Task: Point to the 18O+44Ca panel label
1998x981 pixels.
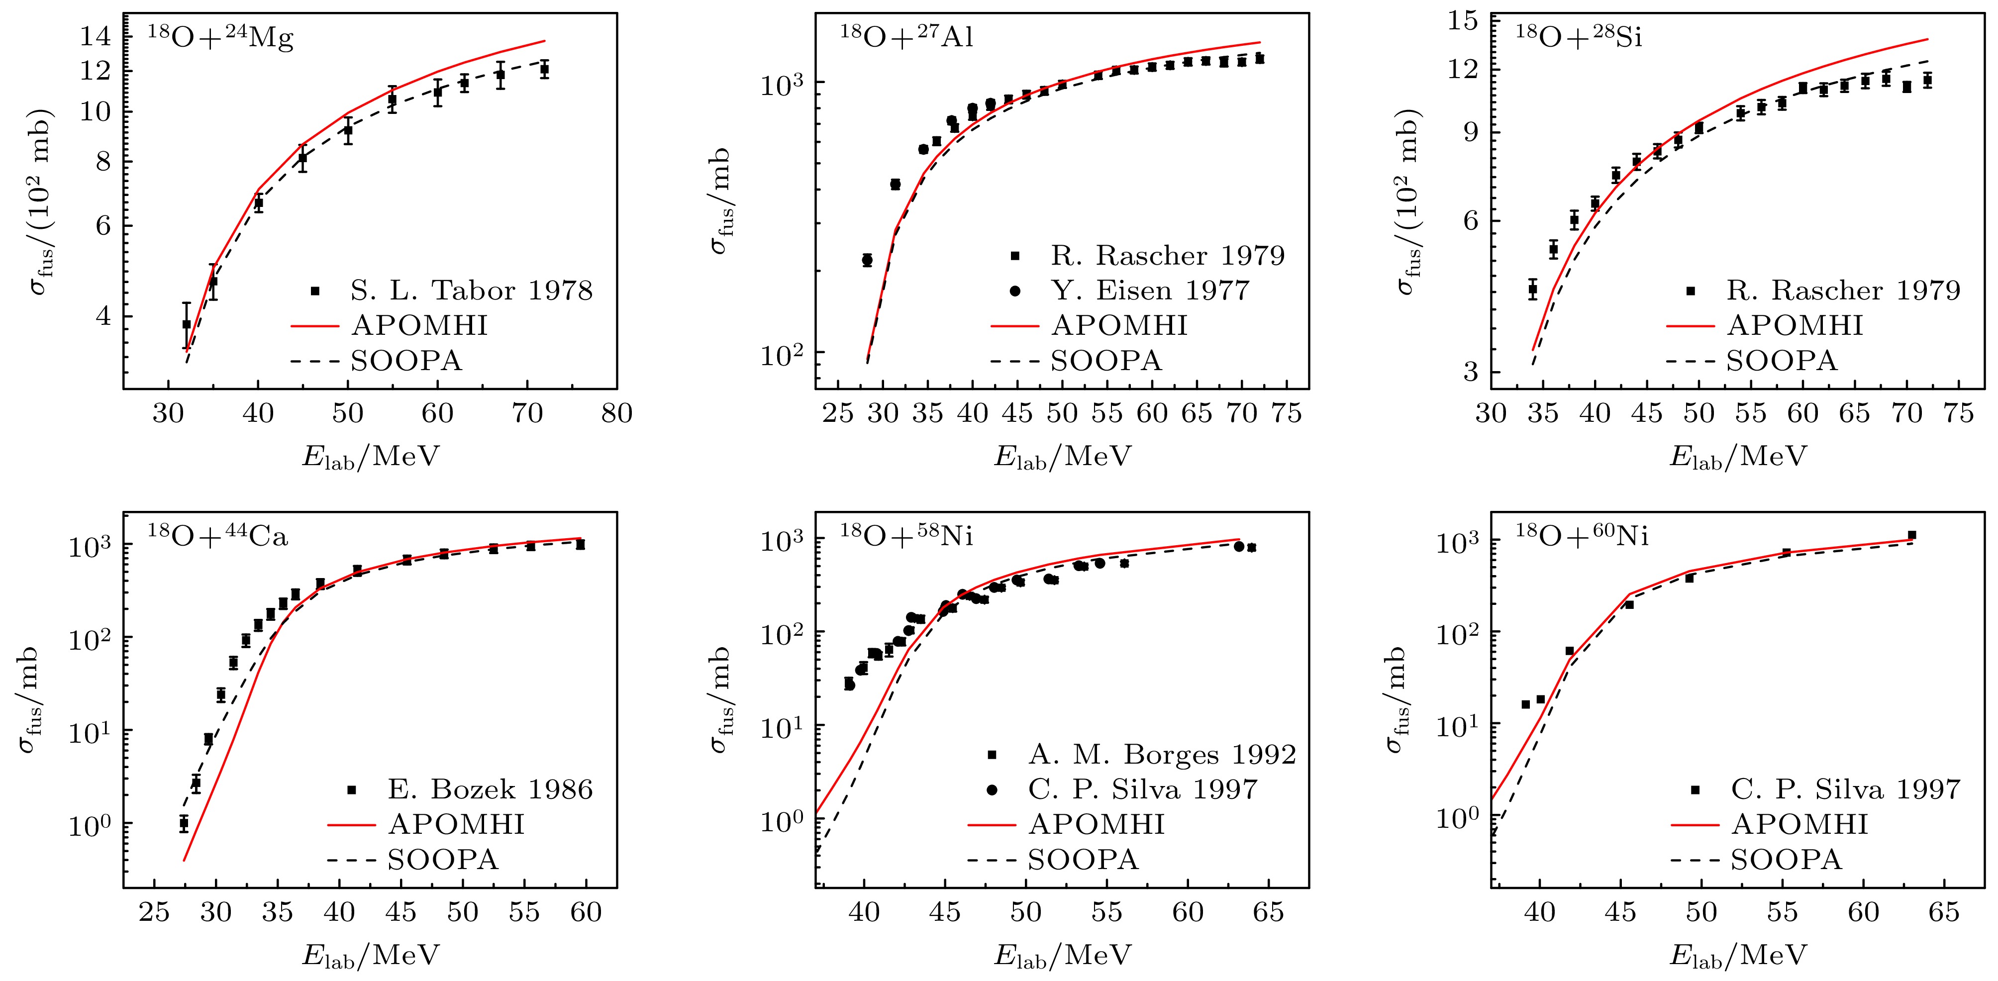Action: [x=217, y=537]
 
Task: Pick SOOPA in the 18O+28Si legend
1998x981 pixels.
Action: [x=1782, y=361]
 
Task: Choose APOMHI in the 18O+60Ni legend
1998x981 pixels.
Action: [x=1799, y=824]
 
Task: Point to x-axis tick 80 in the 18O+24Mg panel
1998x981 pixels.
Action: [x=616, y=413]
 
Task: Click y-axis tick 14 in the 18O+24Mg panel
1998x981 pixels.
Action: [x=95, y=36]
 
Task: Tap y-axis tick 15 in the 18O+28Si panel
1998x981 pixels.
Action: [x=1463, y=21]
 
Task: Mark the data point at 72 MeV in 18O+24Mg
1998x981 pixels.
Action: [x=544, y=69]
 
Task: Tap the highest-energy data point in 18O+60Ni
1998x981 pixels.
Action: [x=1912, y=535]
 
